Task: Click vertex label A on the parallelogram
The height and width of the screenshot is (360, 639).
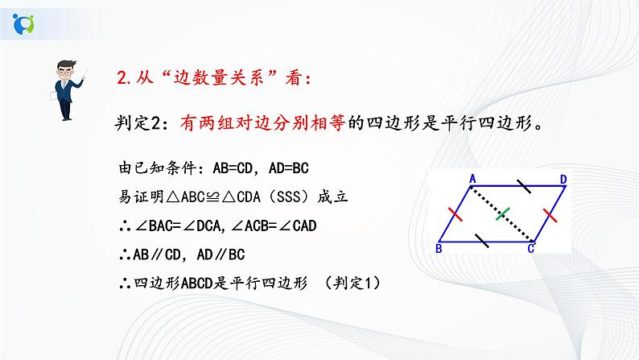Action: coord(472,179)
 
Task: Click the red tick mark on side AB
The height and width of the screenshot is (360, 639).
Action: coord(455,215)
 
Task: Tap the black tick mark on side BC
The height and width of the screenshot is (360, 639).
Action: coord(480,239)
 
